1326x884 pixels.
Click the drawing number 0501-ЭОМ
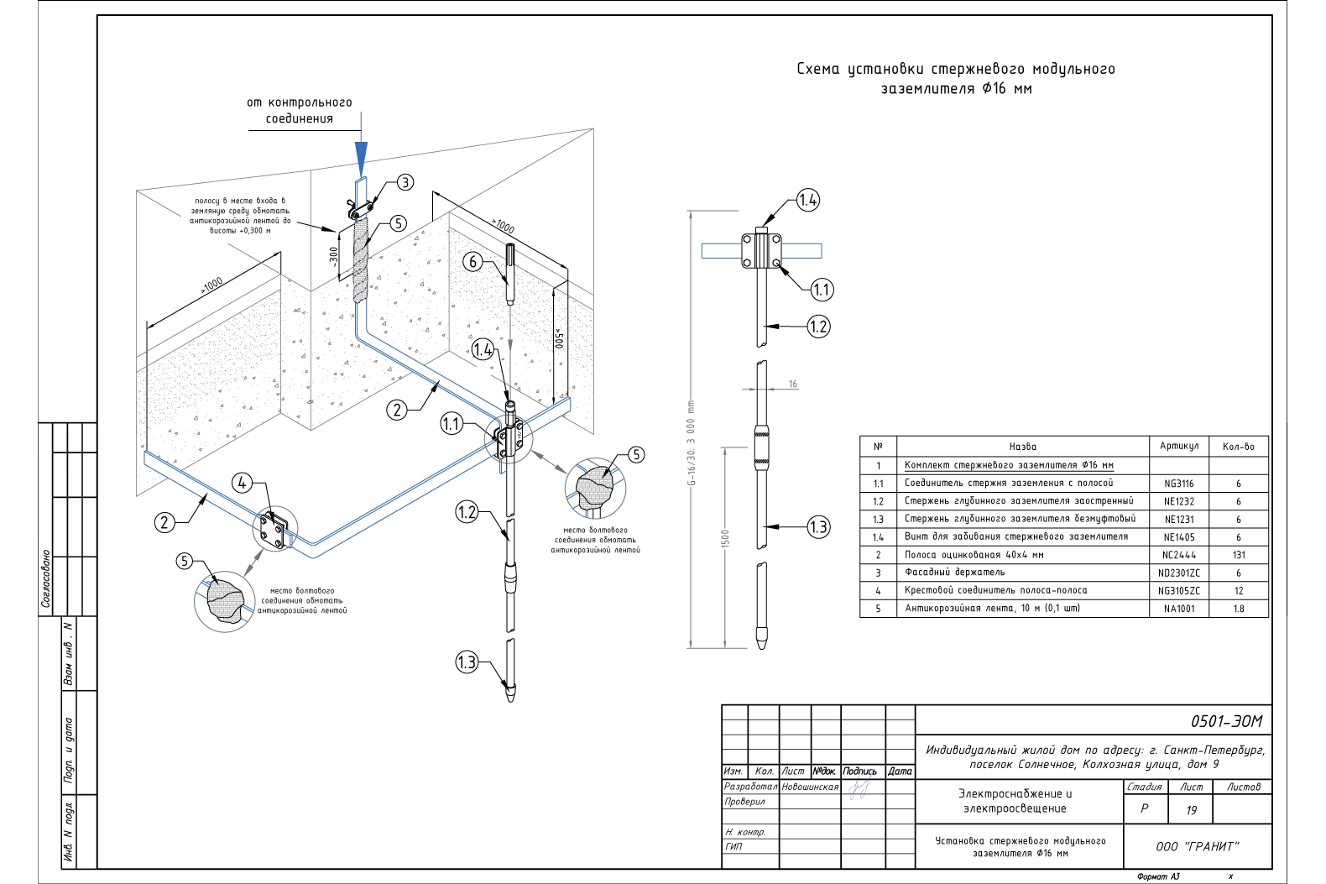(x=1225, y=721)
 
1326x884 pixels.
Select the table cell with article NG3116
(x=1178, y=484)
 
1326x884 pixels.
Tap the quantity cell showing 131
(x=1238, y=555)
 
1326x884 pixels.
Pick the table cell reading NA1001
(x=1178, y=609)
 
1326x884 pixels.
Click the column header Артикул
(x=1178, y=446)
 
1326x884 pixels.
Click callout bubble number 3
(x=405, y=182)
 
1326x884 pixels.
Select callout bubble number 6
(x=472, y=262)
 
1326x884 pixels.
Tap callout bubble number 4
(x=242, y=483)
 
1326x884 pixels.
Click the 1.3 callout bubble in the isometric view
(x=466, y=662)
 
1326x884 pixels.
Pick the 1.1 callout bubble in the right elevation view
(x=821, y=290)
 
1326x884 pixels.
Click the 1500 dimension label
(x=725, y=538)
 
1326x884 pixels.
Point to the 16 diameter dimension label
(x=793, y=384)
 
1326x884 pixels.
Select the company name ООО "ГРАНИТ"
(x=1197, y=846)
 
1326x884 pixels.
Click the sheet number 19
(x=1191, y=810)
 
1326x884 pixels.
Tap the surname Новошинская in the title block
(x=810, y=787)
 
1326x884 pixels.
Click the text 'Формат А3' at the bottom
(x=1158, y=876)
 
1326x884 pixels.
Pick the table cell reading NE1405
(x=1178, y=537)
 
